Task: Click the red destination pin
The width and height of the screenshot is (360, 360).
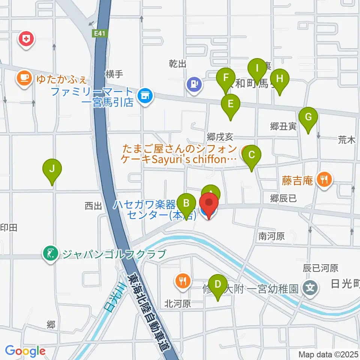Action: click(x=208, y=206)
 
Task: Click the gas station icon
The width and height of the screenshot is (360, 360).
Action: click(x=194, y=84)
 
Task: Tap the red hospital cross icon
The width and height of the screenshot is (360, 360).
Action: click(x=26, y=39)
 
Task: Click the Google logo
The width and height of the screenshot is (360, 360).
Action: click(x=25, y=351)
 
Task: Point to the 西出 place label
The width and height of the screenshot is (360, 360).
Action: click(x=93, y=206)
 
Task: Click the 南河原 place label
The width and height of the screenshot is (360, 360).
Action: click(x=271, y=236)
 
